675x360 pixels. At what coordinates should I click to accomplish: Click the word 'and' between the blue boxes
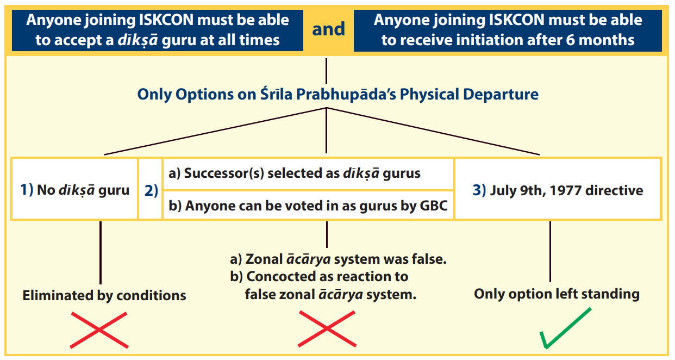328,29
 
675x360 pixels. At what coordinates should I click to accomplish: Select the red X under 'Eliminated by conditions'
99,330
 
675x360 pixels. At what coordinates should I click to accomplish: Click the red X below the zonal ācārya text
327,328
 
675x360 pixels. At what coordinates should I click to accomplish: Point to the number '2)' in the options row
151,190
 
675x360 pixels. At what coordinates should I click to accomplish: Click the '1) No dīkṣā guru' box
75,189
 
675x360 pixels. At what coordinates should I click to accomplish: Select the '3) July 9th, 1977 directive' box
558,189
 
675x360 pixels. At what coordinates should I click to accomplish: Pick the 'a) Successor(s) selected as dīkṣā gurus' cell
308,174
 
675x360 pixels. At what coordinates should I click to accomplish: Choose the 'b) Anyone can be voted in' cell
308,205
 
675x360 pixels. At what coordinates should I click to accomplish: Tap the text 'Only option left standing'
557,294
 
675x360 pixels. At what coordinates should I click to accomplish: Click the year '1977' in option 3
566,190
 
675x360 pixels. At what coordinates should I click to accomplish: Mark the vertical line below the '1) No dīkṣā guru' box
101,253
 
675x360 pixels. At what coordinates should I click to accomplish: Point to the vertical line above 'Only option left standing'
550,252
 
